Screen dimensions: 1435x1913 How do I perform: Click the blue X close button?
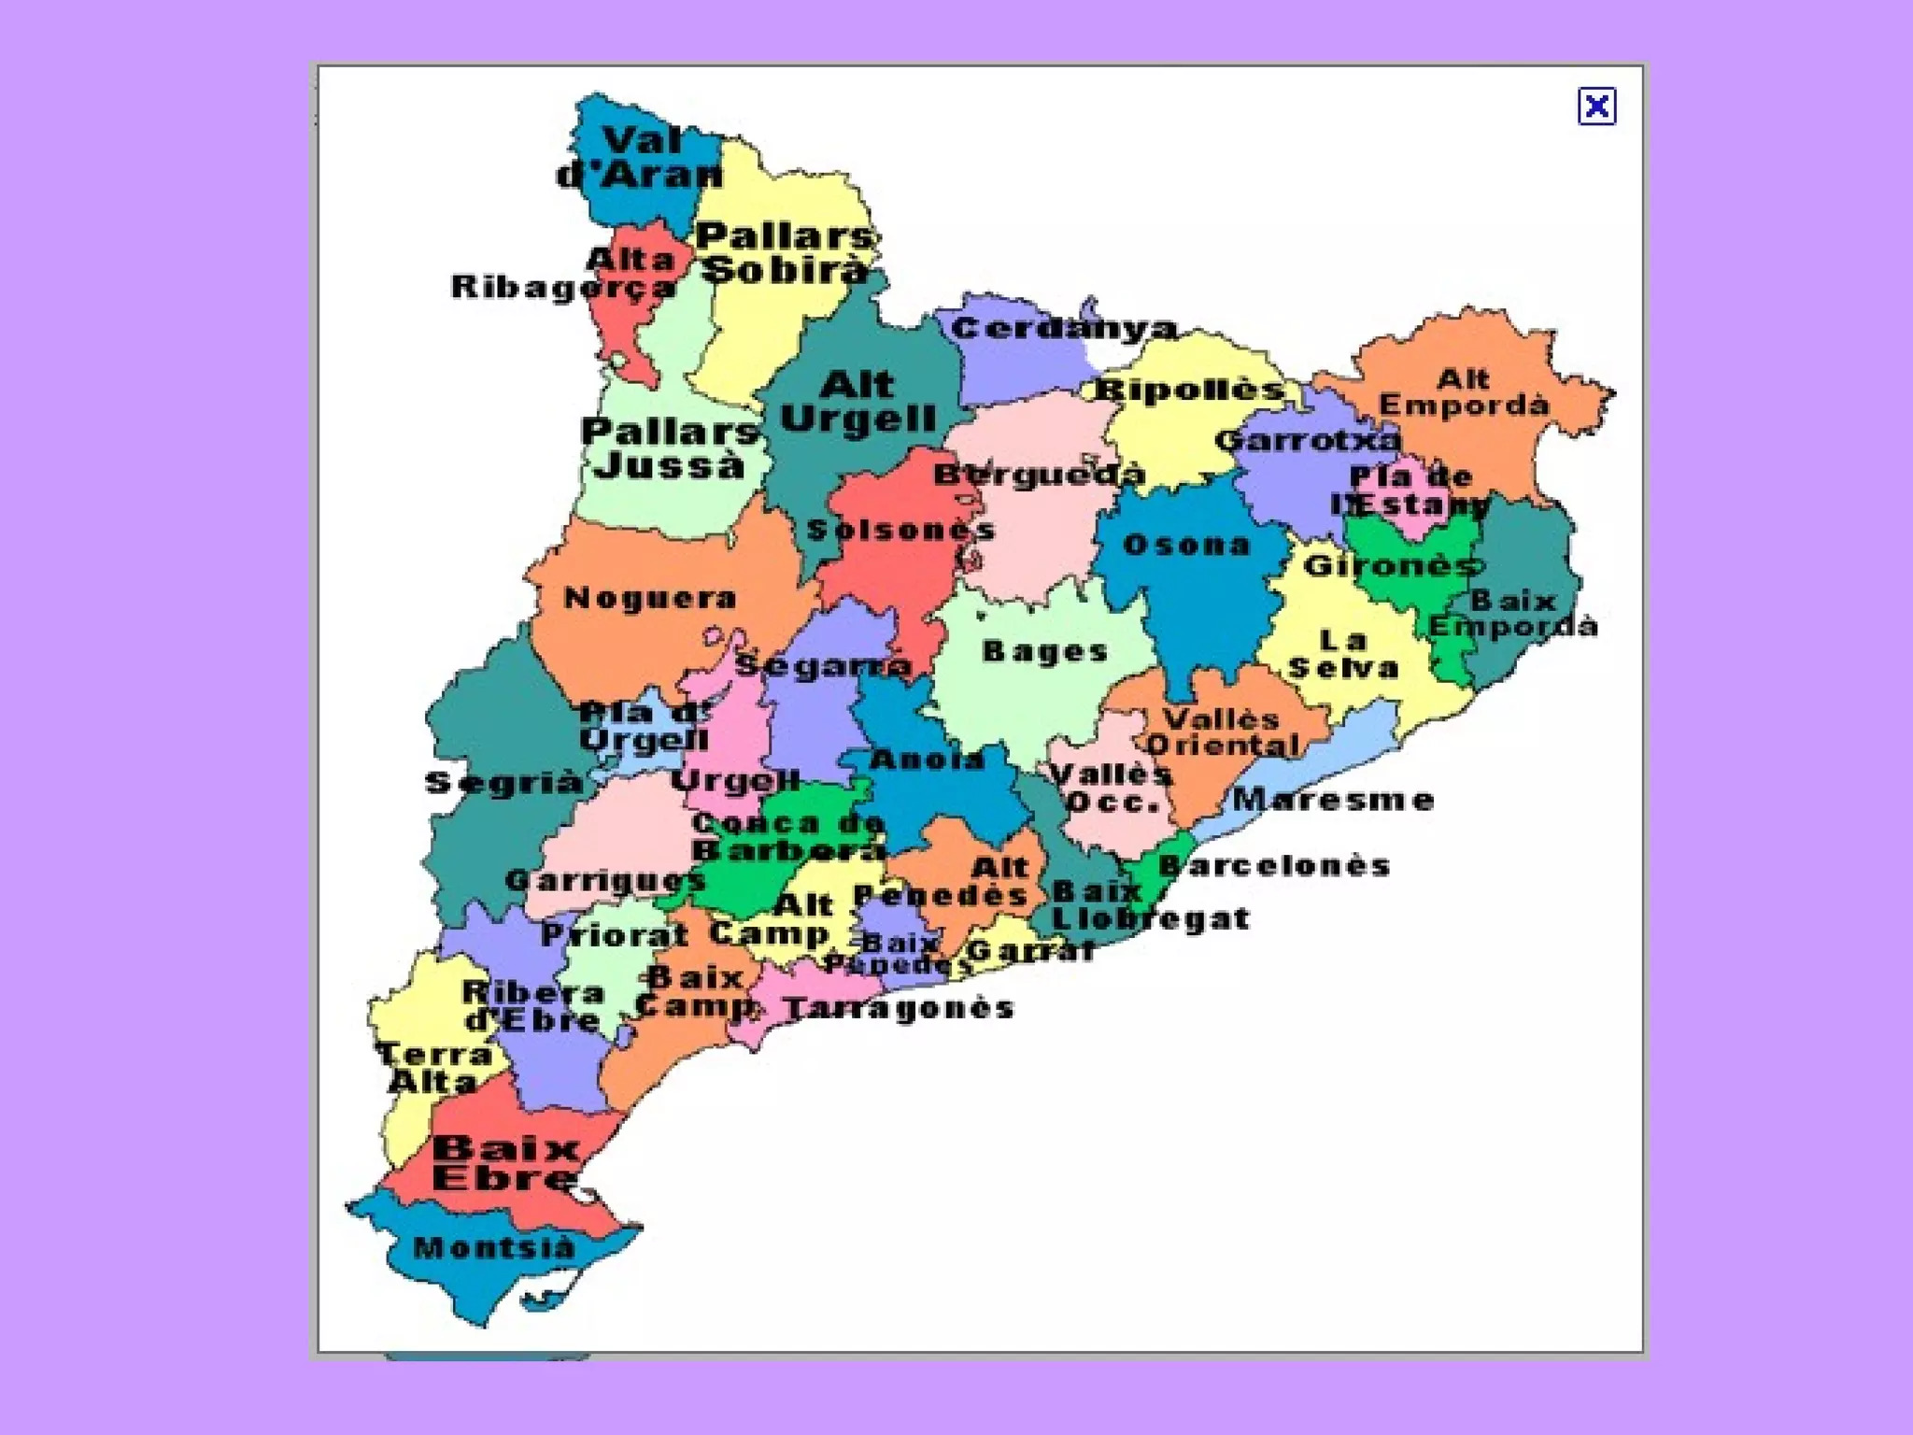coord(1596,107)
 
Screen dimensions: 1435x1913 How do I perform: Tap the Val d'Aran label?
coord(641,158)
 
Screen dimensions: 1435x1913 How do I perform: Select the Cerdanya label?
coord(1064,329)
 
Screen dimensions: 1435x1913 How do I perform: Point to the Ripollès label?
coord(1190,390)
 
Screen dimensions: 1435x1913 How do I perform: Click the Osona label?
coord(1186,545)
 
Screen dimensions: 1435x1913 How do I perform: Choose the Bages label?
coord(1045,651)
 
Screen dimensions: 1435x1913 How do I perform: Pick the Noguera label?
coord(650,598)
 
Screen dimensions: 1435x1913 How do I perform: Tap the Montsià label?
coord(494,1248)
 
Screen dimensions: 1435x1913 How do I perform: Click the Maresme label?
coord(1333,800)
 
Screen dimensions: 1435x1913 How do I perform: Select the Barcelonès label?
coord(1274,865)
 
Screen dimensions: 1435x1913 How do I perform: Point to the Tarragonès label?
coord(899,1008)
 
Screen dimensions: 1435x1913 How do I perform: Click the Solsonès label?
coord(900,531)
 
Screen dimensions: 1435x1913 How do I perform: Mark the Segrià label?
coord(503,783)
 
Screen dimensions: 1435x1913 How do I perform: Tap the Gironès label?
coord(1392,565)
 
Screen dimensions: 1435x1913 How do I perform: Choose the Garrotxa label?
coord(1309,440)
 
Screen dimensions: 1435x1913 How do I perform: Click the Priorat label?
coord(614,934)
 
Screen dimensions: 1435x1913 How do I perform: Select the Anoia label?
coord(928,760)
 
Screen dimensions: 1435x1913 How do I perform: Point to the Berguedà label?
coord(1039,475)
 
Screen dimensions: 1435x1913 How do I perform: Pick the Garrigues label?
coord(604,880)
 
